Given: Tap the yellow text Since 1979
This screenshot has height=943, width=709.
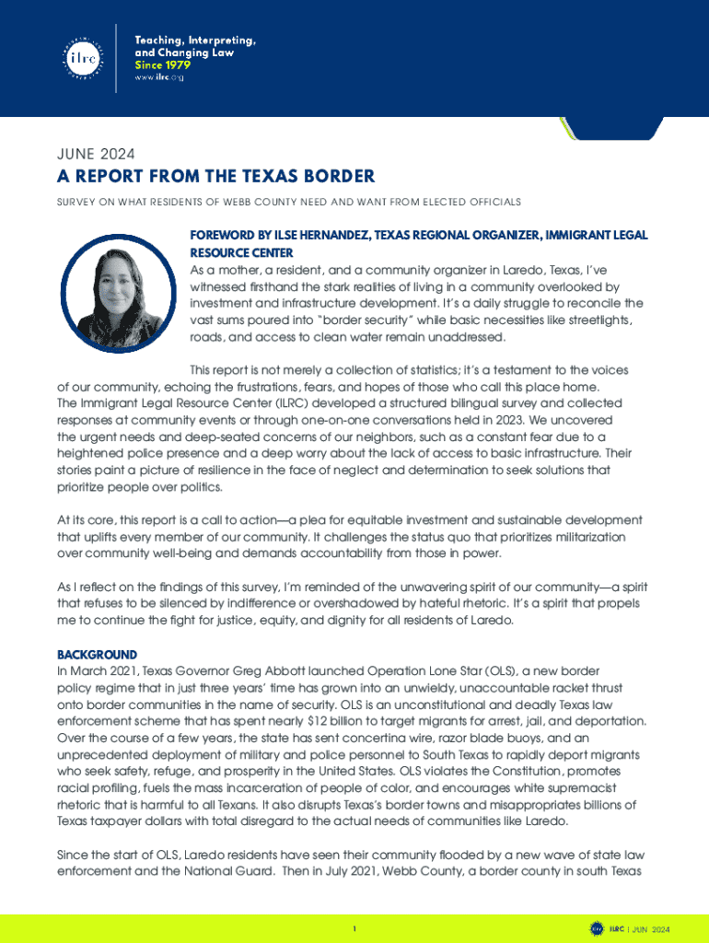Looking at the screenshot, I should point(163,65).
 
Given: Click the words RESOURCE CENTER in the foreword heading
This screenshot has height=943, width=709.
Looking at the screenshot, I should point(241,252).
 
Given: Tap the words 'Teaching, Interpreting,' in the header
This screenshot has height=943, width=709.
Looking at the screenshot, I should point(195,41).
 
